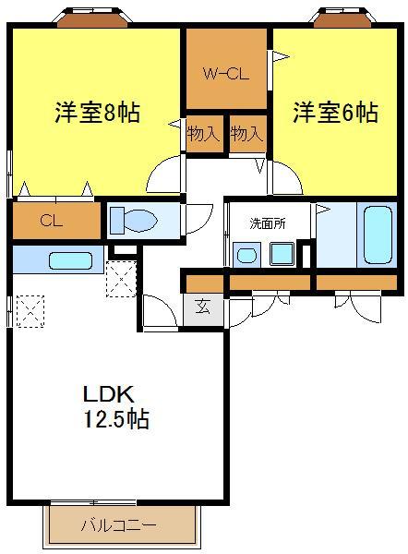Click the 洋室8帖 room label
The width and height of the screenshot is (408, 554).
tap(97, 112)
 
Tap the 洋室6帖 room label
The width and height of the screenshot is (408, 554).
tap(336, 112)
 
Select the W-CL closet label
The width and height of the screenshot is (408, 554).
tap(226, 74)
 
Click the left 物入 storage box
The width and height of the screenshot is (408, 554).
tap(205, 134)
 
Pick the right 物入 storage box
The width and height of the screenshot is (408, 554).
tap(247, 134)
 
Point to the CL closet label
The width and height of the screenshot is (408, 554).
tap(52, 221)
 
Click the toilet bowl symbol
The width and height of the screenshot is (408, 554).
tap(134, 221)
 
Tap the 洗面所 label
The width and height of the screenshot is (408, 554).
tap(268, 223)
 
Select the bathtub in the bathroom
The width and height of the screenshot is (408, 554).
tap(378, 235)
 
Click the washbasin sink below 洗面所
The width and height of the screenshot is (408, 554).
tap(246, 255)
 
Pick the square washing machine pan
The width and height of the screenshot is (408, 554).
tap(282, 254)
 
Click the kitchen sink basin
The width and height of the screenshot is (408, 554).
tap(71, 260)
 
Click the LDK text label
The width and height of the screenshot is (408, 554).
tap(108, 394)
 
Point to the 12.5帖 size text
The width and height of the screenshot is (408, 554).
tap(116, 418)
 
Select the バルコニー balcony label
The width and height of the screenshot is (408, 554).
tap(119, 525)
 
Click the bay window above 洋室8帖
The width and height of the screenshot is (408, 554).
tap(92, 18)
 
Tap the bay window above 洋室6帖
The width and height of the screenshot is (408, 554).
tap(342, 18)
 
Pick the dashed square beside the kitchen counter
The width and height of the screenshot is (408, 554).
tap(121, 279)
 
